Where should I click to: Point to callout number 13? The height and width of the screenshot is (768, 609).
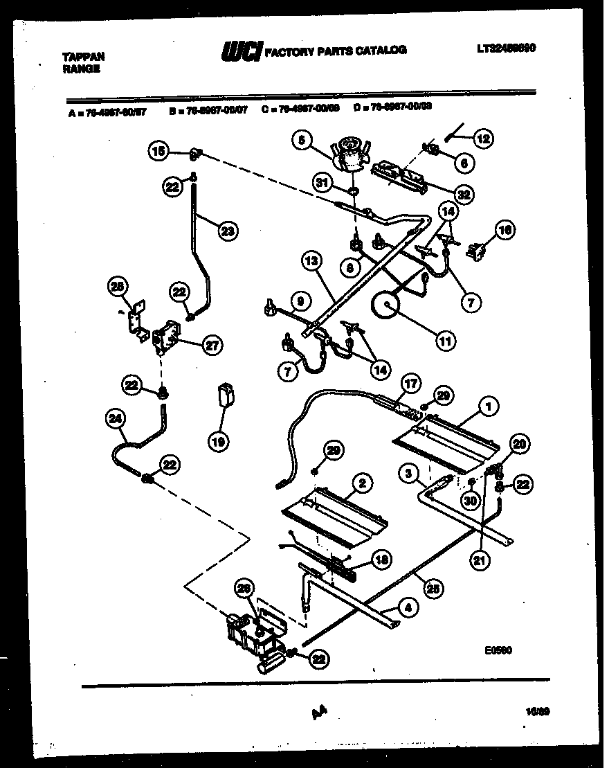311,262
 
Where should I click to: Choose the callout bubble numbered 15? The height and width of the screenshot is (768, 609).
158,151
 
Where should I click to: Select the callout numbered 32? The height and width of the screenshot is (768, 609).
464,195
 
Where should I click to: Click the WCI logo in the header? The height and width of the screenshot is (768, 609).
240,51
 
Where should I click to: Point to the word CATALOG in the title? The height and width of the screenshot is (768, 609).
381,50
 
